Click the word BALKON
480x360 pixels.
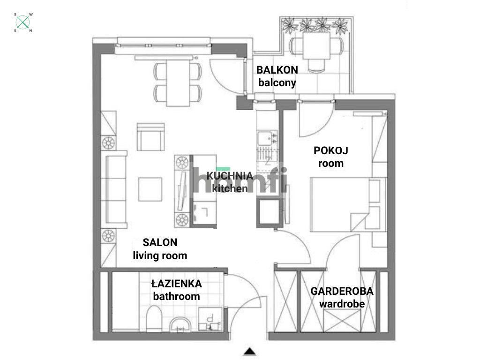[x=277, y=70]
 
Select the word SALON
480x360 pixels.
[x=160, y=243]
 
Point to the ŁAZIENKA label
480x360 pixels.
[x=176, y=284]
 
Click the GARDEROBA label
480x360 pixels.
[x=342, y=291]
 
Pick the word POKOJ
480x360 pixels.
[x=331, y=151]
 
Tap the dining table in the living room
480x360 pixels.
[x=178, y=83]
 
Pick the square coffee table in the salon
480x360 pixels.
[x=150, y=189]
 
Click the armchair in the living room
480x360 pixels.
[x=150, y=137]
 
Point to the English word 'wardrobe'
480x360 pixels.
[x=342, y=304]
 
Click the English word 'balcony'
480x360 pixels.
[x=277, y=83]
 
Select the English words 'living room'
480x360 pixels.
[x=160, y=256]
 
